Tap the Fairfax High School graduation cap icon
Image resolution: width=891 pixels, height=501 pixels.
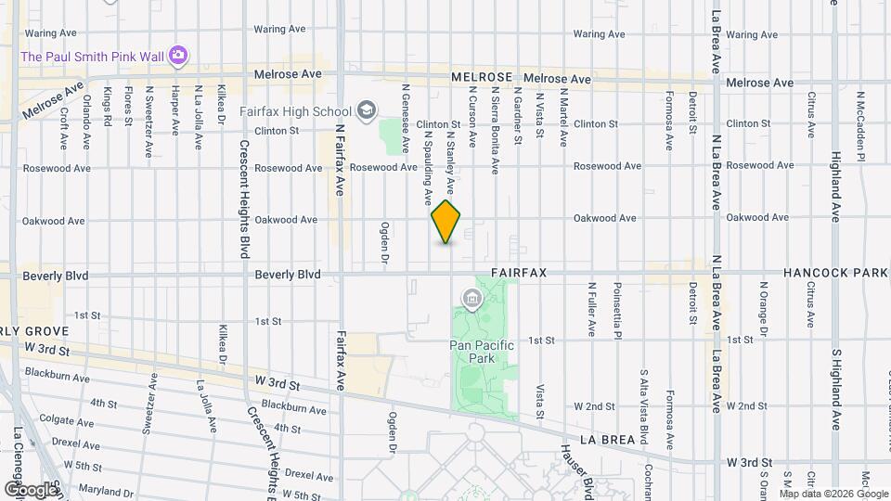368,111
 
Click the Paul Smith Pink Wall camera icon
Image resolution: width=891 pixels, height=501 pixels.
178,57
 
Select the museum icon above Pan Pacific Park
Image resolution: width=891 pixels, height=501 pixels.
471,299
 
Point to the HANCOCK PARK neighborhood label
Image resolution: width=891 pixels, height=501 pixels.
835,274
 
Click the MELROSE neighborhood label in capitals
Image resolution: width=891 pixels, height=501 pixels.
482,78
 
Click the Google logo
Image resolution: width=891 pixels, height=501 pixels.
31,489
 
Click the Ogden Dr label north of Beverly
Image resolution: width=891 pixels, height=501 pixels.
384,240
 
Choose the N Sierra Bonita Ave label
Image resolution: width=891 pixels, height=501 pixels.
496,131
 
